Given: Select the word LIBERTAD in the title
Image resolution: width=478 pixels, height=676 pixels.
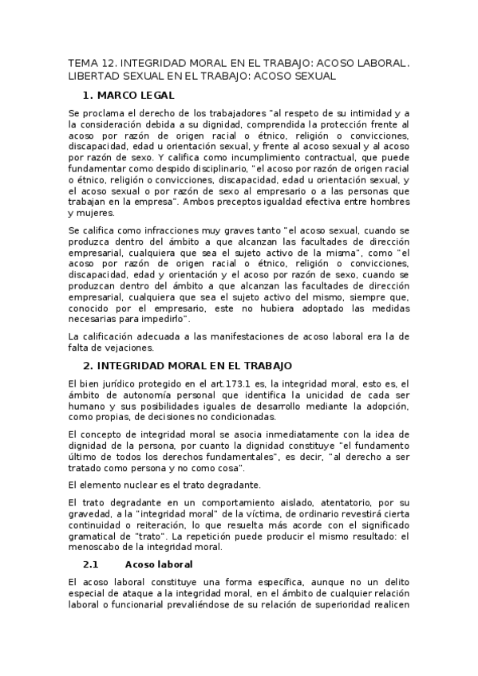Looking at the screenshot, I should pyautogui.click(x=95, y=76).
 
